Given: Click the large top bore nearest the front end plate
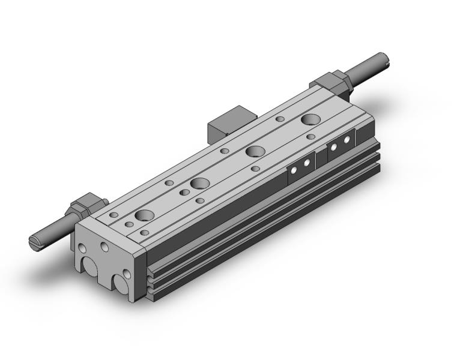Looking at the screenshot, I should (144, 215).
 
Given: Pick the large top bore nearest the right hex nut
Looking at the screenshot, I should (311, 119).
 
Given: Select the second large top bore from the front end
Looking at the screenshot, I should (200, 183).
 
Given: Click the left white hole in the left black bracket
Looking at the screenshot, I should (295, 170).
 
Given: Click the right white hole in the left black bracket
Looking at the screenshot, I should (307, 163).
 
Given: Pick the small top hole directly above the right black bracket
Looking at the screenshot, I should (310, 137).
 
